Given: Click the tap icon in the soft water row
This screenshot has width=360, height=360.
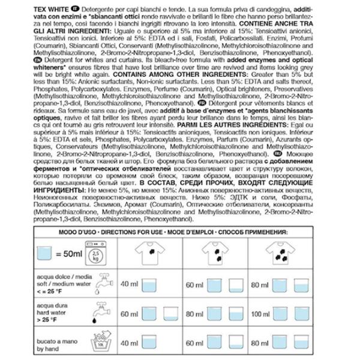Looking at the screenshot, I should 104,283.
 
